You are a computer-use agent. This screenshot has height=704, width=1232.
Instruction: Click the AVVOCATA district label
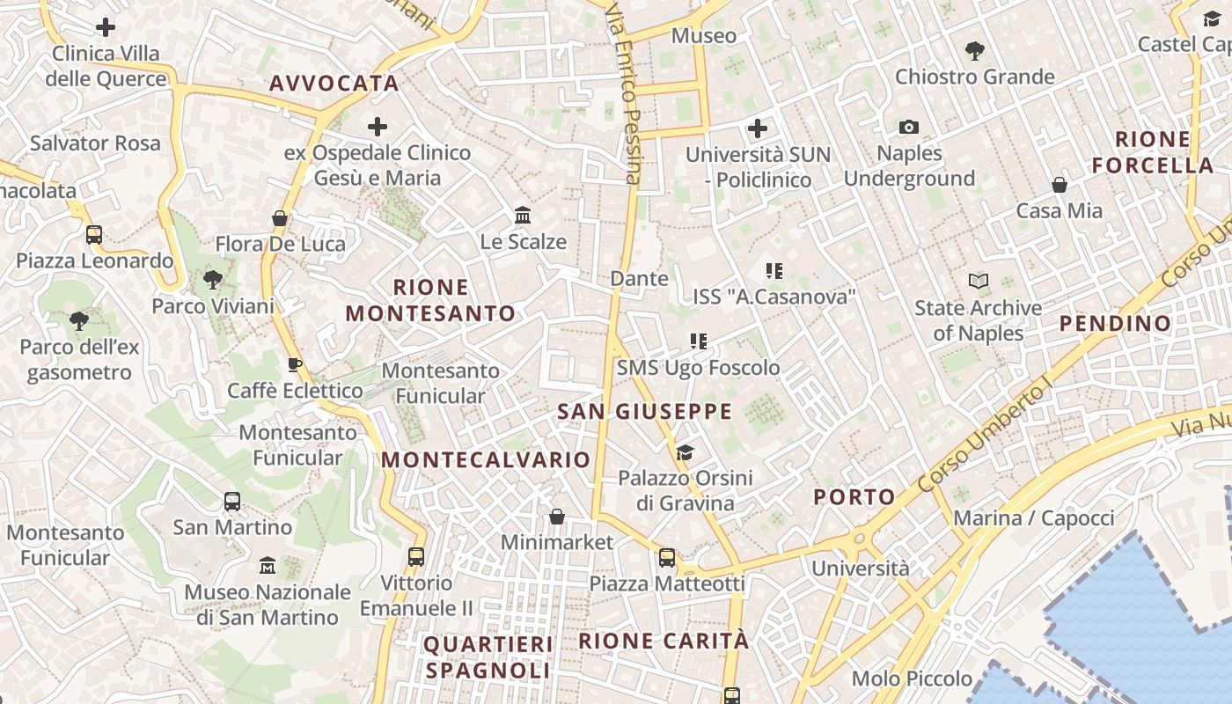click(334, 84)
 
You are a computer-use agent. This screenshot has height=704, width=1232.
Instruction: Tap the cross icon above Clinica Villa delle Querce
click(106, 27)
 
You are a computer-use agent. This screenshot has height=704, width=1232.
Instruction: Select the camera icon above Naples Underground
click(909, 128)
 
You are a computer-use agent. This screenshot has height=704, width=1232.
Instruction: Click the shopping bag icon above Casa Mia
click(1060, 185)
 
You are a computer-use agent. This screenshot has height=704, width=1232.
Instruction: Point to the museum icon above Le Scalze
click(523, 215)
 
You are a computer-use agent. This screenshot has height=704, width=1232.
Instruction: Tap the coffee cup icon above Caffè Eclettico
click(295, 364)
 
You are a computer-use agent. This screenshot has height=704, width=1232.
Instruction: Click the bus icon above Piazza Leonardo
click(94, 235)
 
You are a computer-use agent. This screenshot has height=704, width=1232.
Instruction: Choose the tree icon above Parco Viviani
click(212, 280)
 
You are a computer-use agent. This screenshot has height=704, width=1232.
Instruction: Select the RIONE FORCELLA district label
click(1152, 152)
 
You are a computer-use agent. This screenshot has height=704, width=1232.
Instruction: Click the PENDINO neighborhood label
click(1115, 324)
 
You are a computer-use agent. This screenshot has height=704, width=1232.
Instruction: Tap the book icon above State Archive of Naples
click(978, 282)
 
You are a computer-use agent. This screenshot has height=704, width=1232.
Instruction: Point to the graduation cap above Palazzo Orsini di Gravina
click(685, 452)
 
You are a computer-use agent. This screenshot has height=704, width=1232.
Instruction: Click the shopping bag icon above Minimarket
click(556, 516)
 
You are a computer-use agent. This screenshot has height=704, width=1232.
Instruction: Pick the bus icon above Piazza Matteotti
click(667, 557)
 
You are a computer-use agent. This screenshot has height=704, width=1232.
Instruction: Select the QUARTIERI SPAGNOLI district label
click(488, 657)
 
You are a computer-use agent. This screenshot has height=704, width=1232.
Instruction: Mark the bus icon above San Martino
click(232, 502)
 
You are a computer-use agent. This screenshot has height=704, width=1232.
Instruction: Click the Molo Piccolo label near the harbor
click(912, 678)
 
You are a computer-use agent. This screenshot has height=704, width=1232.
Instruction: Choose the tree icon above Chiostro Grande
click(974, 50)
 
